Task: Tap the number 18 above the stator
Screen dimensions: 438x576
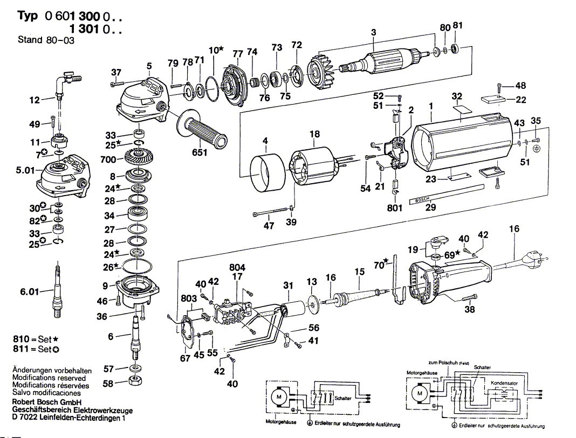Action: click(x=314, y=135)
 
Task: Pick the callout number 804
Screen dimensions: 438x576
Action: click(x=237, y=268)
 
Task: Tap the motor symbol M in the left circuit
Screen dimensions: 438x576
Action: click(x=279, y=397)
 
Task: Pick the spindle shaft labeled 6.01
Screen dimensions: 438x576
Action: click(x=56, y=291)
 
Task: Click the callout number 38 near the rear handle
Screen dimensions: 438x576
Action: click(x=470, y=310)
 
